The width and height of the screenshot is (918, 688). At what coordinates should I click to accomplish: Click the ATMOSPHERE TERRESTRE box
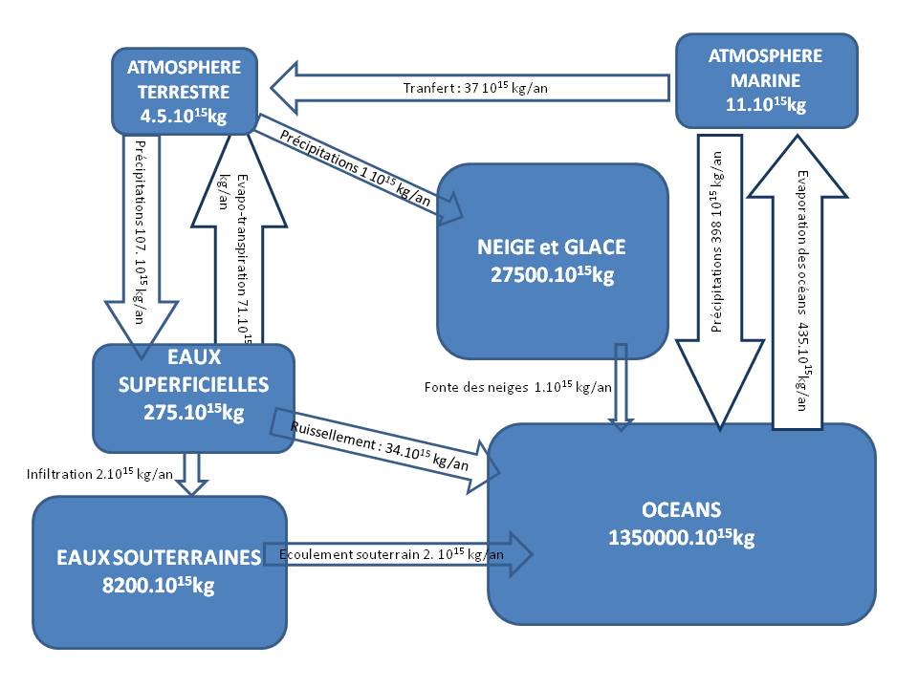(x=184, y=92)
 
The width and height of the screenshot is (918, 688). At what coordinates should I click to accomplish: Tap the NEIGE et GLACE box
(x=552, y=261)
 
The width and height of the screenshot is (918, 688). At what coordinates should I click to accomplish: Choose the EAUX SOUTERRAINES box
(x=159, y=570)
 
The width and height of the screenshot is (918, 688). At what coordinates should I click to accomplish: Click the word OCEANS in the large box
(x=681, y=508)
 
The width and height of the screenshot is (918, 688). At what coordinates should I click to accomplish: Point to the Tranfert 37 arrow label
(x=474, y=89)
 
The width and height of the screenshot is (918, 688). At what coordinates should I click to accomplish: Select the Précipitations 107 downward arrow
(x=141, y=239)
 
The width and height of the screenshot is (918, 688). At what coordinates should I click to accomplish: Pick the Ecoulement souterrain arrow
(x=402, y=554)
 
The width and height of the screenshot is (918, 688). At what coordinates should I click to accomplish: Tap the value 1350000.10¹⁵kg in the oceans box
(x=681, y=538)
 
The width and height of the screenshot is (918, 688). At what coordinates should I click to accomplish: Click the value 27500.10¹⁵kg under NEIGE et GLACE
(x=552, y=276)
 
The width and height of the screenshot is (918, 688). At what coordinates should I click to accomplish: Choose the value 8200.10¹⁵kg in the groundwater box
(x=159, y=586)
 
